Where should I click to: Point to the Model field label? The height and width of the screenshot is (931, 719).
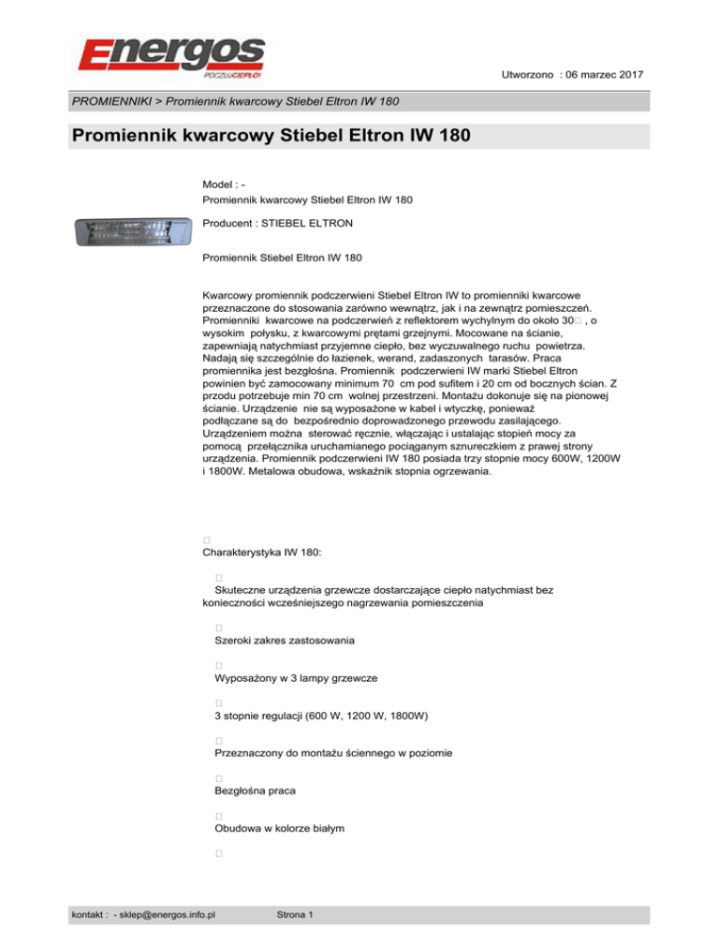click(220, 185)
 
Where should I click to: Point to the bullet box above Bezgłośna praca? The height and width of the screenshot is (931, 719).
click(217, 778)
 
